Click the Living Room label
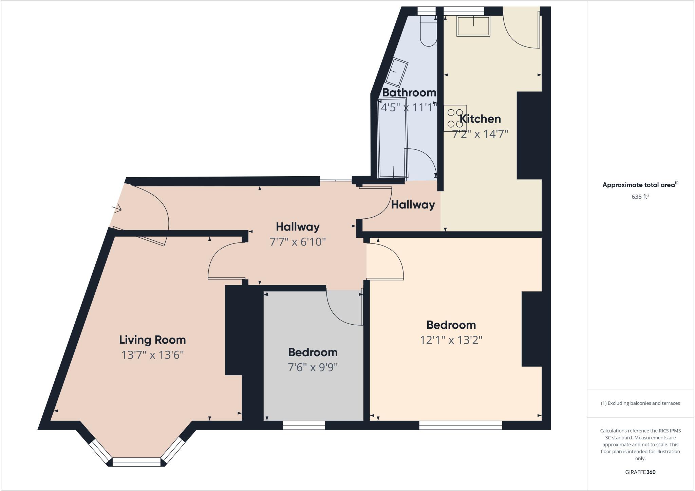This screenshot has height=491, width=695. (x=152, y=340)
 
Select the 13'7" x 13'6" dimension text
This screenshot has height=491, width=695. (x=152, y=355)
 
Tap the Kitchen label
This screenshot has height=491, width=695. (x=480, y=119)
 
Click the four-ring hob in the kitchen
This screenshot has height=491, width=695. (x=455, y=118)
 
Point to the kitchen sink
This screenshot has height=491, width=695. (x=473, y=26)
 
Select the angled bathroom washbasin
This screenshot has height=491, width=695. (x=396, y=72)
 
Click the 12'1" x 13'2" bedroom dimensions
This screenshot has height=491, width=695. (x=451, y=340)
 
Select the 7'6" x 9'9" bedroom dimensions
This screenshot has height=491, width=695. (x=313, y=367)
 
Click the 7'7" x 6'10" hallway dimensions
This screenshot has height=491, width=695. (x=298, y=242)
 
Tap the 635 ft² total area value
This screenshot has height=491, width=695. (x=640, y=197)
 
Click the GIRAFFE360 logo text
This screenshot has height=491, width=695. (x=640, y=472)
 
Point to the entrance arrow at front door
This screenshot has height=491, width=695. (x=117, y=208)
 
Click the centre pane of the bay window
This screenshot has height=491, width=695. (x=136, y=462)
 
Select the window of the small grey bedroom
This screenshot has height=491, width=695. (x=304, y=425)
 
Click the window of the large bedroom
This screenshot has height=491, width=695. (x=461, y=425)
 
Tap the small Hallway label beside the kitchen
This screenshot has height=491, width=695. (x=413, y=205)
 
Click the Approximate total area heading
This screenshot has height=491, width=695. (x=639, y=185)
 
